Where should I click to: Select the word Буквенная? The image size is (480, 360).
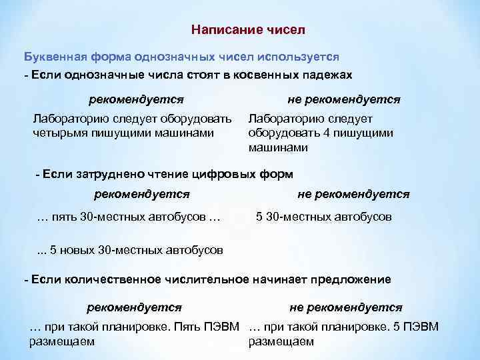53,57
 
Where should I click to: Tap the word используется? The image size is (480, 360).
305,57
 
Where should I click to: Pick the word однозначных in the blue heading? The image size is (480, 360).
164,57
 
